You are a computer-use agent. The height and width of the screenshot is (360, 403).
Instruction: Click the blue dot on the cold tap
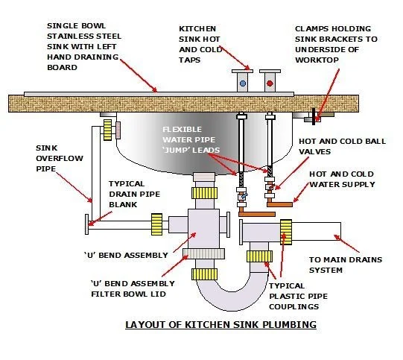(242, 83)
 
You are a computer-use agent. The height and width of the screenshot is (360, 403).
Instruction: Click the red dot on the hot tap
(268, 83)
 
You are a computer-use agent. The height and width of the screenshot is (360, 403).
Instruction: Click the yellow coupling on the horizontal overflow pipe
(156, 221)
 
